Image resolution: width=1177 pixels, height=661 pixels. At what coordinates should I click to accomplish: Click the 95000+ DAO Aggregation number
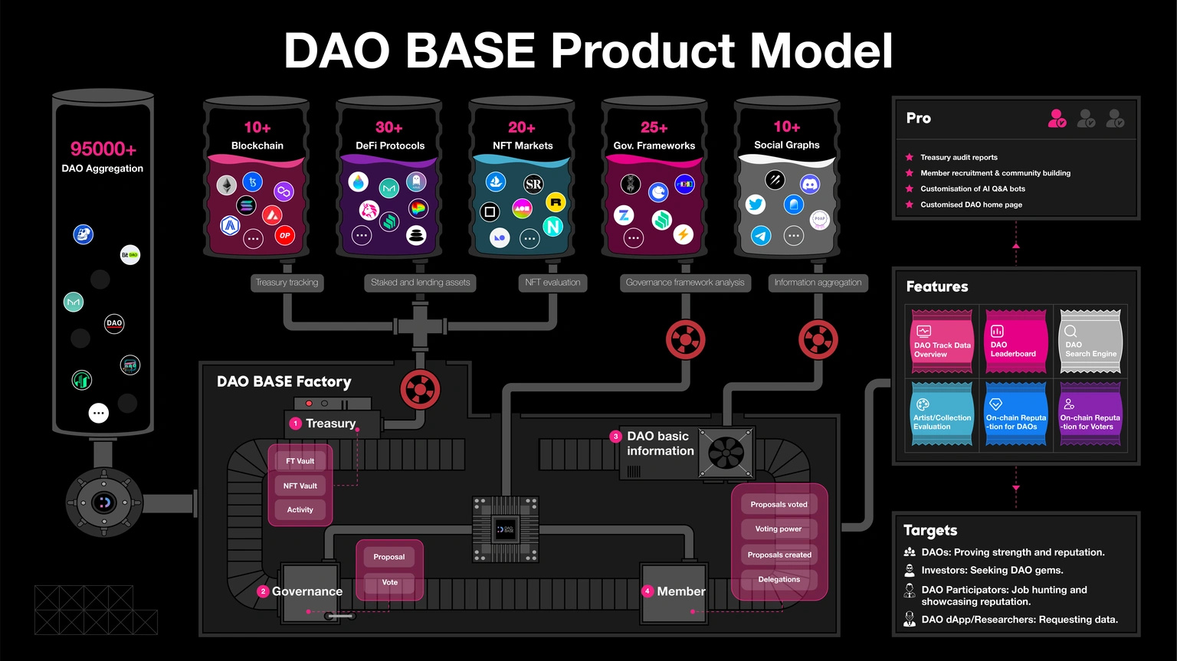(x=103, y=149)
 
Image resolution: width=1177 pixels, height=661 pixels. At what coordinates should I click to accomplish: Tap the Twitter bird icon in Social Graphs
(x=756, y=205)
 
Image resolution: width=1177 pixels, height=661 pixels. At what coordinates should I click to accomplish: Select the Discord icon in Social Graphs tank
(x=810, y=184)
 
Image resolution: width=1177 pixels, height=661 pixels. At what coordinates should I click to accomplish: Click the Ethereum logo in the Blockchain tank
(x=226, y=185)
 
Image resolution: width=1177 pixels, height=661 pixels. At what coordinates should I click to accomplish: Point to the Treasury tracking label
(x=287, y=283)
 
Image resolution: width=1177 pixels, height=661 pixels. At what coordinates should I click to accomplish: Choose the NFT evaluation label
(x=552, y=283)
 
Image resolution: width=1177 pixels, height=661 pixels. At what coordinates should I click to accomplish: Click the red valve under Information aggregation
(x=818, y=340)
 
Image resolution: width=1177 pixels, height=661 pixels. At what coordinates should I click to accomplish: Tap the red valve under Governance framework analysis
(x=685, y=340)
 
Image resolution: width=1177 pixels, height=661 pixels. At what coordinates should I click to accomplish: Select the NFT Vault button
(x=300, y=486)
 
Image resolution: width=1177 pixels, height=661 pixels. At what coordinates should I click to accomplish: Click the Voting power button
(x=779, y=528)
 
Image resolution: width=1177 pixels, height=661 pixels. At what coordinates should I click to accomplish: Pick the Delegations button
(x=779, y=579)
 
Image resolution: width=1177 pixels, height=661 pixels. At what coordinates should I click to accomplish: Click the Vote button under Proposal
(x=389, y=582)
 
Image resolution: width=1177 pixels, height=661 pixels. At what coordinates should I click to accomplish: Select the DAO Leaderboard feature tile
(x=1015, y=341)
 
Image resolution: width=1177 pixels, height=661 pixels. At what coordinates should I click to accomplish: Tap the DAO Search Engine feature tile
(x=1090, y=341)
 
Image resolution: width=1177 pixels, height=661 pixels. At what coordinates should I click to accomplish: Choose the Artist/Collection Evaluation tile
(x=942, y=414)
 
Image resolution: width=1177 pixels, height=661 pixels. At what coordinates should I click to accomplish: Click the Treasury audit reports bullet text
(x=959, y=157)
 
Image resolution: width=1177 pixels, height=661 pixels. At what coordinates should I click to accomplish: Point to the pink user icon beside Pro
(x=1057, y=119)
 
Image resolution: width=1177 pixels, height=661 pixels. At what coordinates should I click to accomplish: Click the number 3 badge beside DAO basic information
(x=615, y=437)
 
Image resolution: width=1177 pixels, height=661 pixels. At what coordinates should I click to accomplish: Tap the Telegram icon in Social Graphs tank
(x=761, y=235)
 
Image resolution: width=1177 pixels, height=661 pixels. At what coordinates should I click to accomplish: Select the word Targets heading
(x=930, y=530)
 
